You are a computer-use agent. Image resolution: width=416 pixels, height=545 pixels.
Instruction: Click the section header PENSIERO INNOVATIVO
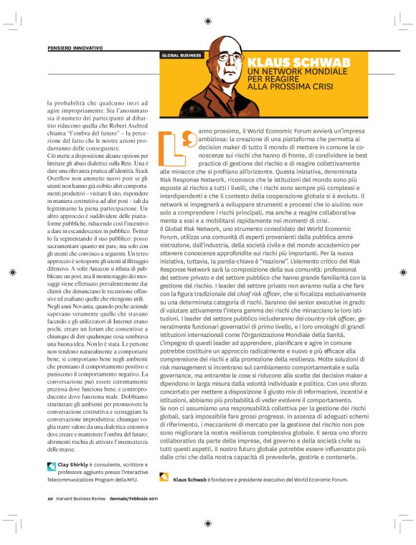(75, 47)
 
